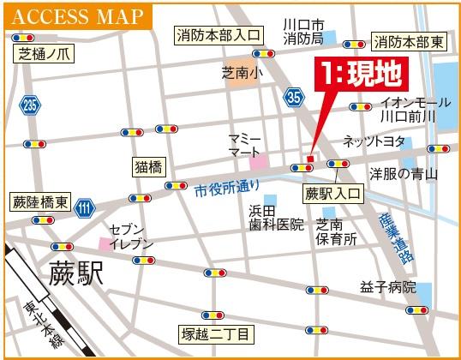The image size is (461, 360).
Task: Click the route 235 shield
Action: coord(31,105)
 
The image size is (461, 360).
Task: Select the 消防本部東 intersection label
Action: coord(408,39)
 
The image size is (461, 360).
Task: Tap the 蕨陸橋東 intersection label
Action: coord(39,203)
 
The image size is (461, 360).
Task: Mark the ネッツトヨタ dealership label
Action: coord(369,141)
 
